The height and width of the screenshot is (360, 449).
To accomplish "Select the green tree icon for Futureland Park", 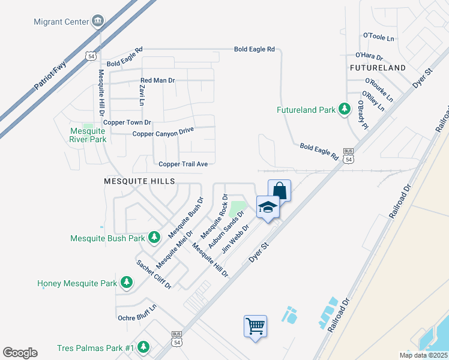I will point(345,110).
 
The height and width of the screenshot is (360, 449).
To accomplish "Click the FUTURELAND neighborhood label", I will point(378,68).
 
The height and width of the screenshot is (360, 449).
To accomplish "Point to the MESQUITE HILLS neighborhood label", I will point(139,181).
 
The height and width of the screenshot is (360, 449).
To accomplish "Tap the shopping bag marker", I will point(280,190).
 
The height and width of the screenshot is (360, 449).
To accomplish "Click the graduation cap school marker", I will point(268,208).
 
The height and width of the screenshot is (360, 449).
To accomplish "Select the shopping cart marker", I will point(255,326).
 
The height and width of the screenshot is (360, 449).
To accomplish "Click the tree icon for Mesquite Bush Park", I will point(154,238).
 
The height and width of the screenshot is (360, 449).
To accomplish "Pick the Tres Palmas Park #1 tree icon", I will point(143,347).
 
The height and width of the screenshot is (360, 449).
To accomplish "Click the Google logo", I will point(20,353).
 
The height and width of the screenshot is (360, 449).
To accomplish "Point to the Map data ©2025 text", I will point(423,355).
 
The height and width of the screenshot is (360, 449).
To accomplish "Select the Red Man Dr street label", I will point(157,80).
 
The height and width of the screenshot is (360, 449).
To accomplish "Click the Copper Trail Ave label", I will point(182,164).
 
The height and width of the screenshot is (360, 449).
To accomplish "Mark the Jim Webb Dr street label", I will point(235,238).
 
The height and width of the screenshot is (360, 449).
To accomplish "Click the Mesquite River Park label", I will point(88,135).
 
